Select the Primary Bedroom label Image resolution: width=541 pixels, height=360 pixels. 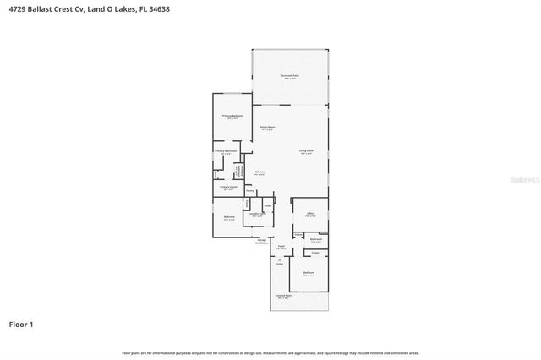pos(232,116)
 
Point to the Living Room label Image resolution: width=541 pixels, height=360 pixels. pos(306,151)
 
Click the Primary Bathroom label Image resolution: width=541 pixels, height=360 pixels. pos(225,151)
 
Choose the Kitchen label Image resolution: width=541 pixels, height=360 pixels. pos(260,172)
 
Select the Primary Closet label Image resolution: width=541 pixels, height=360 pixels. pos(228,187)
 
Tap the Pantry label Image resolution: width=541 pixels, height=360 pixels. pos(250,191)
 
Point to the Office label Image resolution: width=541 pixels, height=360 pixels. pos(310,214)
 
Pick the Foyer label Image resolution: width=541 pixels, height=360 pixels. pos(281,248)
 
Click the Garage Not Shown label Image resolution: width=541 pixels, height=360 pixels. pos(263,240)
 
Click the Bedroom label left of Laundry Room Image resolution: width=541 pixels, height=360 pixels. pos(228,217)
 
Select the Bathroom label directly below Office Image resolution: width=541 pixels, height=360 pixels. pos(315,240)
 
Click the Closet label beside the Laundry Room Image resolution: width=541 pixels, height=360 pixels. pos(267,205)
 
